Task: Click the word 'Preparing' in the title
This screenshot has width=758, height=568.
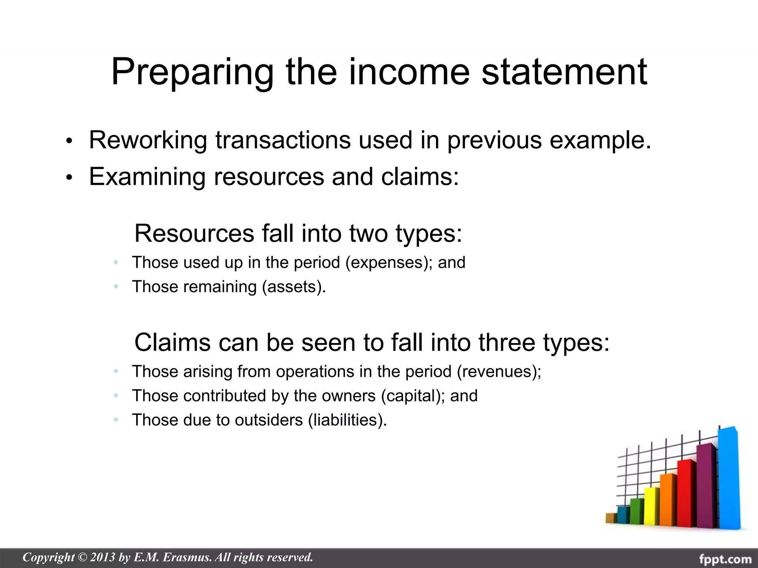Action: [192, 72]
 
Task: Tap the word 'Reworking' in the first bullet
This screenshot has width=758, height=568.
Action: [148, 140]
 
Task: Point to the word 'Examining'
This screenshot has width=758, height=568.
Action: [147, 176]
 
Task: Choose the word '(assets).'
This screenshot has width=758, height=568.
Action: [294, 287]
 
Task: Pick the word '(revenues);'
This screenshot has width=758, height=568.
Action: [499, 372]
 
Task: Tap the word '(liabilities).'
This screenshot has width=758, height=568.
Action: [347, 420]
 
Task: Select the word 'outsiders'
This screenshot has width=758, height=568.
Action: [269, 420]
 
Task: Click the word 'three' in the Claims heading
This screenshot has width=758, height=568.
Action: [506, 342]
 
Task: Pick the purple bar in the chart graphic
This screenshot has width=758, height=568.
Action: [706, 484]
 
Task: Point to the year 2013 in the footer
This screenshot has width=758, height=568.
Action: [103, 557]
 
